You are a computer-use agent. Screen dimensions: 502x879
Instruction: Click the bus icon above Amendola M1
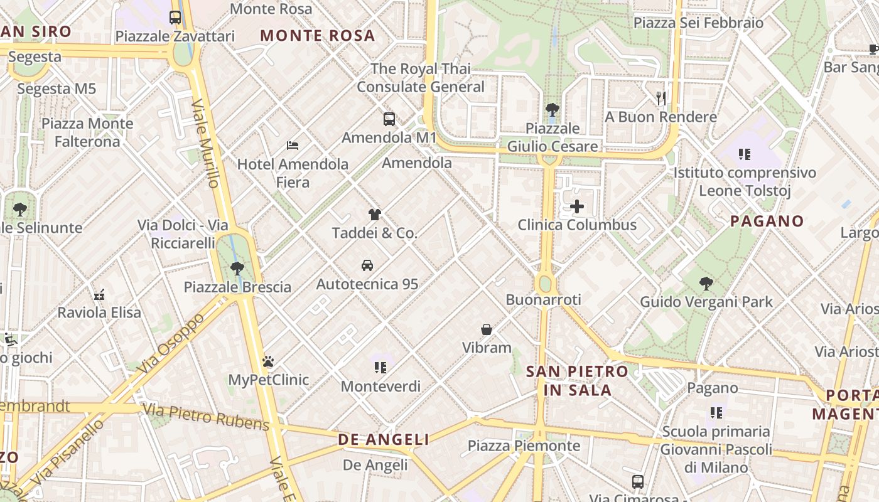pyautogui.click(x=389, y=119)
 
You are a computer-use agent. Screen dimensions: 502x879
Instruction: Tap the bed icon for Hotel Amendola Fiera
pyautogui.click(x=293, y=146)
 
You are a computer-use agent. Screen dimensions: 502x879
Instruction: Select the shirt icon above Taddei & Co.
pyautogui.click(x=375, y=215)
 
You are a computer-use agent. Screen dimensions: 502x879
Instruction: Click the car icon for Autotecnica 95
pyautogui.click(x=367, y=265)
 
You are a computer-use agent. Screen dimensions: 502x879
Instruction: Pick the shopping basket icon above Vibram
pyautogui.click(x=487, y=329)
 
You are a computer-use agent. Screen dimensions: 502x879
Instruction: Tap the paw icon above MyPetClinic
pyautogui.click(x=268, y=361)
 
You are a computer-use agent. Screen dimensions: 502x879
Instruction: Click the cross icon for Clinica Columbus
pyautogui.click(x=577, y=206)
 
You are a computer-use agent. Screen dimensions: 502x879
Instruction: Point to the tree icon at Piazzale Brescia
pyautogui.click(x=237, y=269)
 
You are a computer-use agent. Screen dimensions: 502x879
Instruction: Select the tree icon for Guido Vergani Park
pyautogui.click(x=706, y=284)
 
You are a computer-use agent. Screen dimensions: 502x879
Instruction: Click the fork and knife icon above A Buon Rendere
pyautogui.click(x=661, y=99)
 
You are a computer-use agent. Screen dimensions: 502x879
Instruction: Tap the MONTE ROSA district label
pyautogui.click(x=318, y=36)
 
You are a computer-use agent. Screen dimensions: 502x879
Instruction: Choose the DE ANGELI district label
pyautogui.click(x=384, y=440)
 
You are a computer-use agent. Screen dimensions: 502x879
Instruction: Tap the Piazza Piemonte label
pyautogui.click(x=524, y=446)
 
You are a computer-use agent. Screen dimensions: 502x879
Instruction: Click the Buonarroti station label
pyautogui.click(x=544, y=300)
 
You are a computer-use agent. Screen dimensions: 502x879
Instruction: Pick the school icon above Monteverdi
pyautogui.click(x=380, y=368)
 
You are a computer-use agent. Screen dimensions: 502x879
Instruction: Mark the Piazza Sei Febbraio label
pyautogui.click(x=698, y=23)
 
